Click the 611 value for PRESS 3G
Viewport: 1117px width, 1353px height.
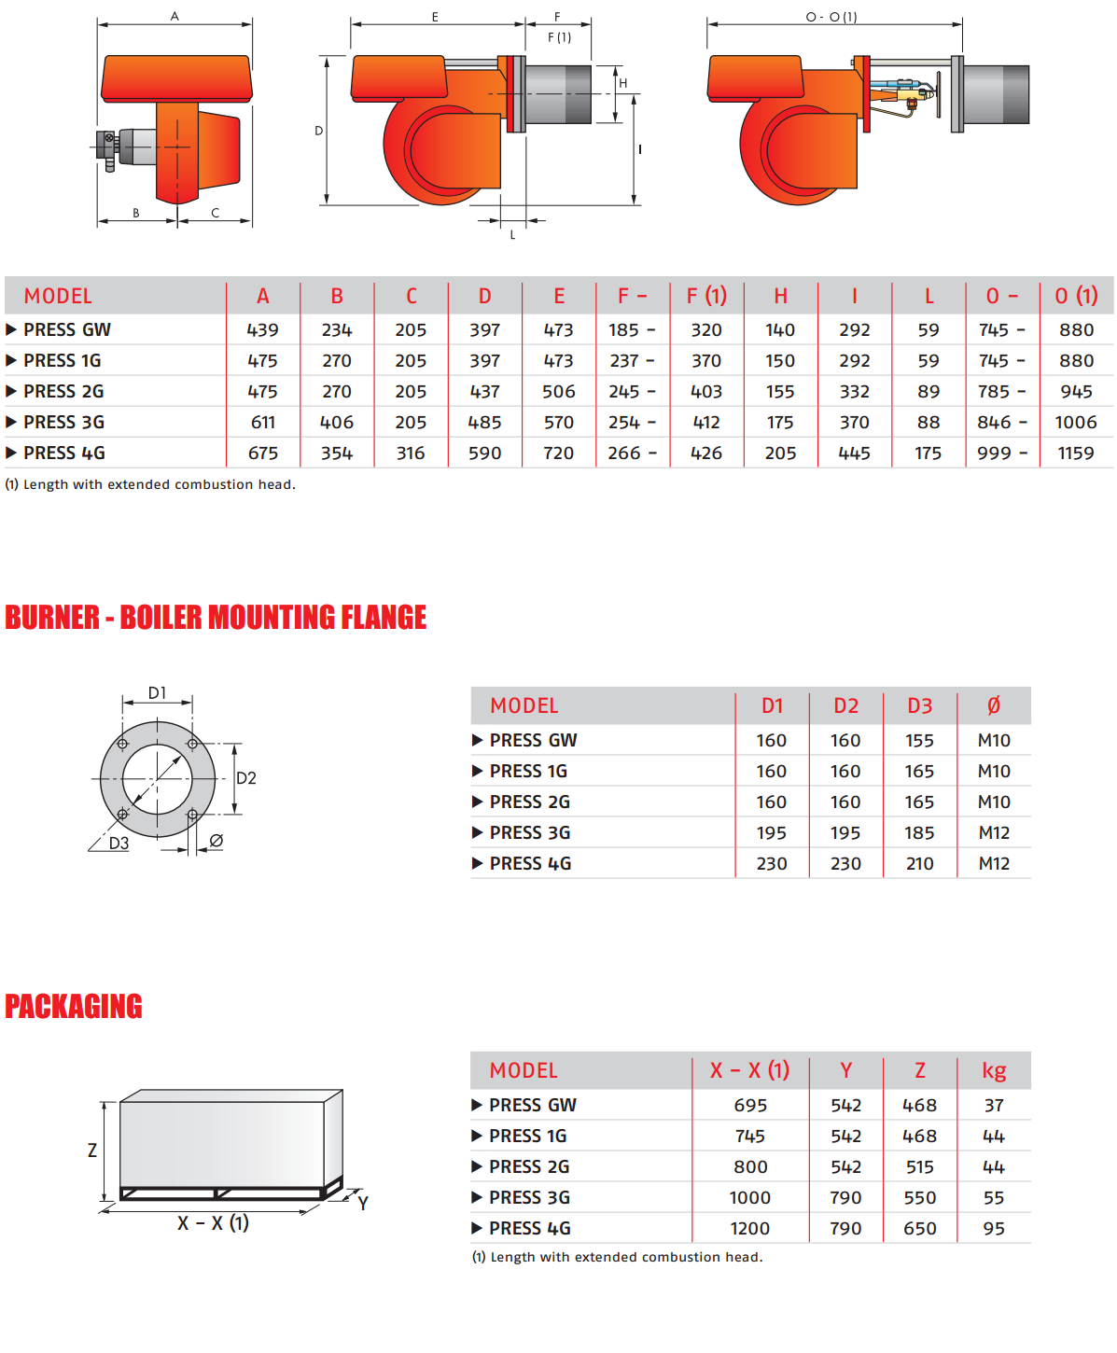coord(263,423)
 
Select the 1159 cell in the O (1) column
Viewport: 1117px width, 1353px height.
coord(1076,453)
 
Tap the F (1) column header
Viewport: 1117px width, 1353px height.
coord(706,297)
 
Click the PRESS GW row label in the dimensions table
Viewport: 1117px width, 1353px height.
coord(67,330)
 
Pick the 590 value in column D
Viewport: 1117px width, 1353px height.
coord(485,453)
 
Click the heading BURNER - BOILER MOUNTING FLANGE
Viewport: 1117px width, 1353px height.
coord(216,618)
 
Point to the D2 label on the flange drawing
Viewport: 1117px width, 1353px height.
coord(246,778)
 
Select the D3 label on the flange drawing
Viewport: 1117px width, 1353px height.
coord(119,844)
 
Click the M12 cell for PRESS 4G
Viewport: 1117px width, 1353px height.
coord(994,864)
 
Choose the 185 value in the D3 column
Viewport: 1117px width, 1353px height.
coord(920,833)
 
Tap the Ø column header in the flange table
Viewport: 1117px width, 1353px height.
coord(994,706)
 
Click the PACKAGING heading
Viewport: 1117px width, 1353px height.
coord(74,1007)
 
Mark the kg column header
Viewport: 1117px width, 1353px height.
coord(994,1071)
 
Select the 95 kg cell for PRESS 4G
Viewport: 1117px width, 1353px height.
coord(994,1229)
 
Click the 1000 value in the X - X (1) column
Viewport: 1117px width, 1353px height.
coord(750,1198)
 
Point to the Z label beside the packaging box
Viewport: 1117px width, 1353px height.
coord(92,1151)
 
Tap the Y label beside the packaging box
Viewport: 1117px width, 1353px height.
coord(363,1204)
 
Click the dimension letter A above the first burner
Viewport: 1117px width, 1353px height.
coord(175,17)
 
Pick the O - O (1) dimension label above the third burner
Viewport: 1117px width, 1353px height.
coord(831,17)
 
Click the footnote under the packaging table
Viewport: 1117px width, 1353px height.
coord(618,1258)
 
